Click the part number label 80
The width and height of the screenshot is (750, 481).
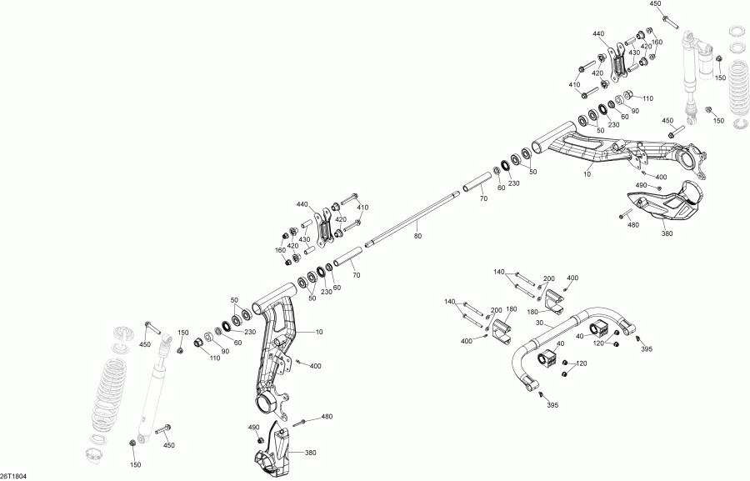coord(418,236)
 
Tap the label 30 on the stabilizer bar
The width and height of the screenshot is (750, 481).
coord(539,323)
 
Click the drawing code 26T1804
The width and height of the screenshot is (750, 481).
coord(13,476)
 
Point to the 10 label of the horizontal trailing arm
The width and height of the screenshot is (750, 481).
coord(587,174)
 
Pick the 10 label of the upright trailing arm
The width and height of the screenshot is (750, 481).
coord(319,331)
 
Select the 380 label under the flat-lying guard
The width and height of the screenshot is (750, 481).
coord(667,233)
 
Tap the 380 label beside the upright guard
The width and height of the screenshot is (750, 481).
coord(310,453)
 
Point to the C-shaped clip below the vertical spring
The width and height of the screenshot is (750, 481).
coord(742,125)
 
